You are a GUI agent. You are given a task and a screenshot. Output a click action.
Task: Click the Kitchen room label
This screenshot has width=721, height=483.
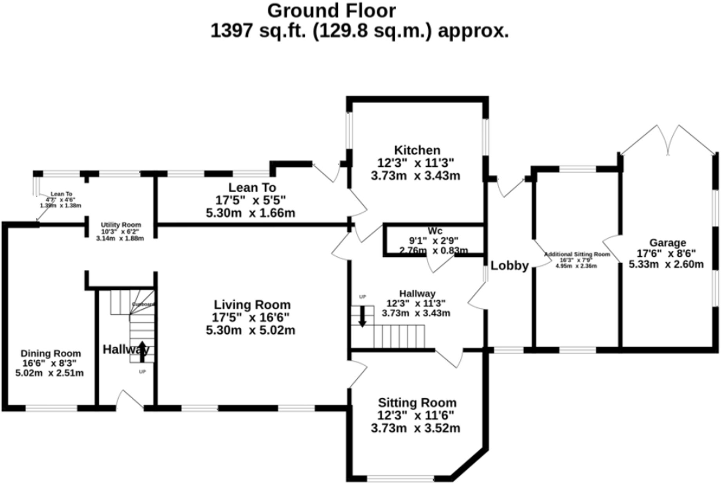(417, 150)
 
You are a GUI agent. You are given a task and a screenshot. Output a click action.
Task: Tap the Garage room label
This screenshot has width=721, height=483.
(667, 243)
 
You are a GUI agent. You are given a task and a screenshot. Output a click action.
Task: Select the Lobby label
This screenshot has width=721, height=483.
(509, 266)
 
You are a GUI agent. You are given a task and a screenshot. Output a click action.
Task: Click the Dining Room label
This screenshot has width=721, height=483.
(51, 354)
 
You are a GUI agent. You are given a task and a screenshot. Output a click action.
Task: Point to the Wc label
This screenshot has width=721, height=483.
(435, 231)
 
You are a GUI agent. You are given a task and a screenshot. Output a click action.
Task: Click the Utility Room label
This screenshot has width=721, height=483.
(121, 225)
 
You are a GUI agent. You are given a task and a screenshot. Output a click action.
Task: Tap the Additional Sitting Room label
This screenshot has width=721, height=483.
(577, 254)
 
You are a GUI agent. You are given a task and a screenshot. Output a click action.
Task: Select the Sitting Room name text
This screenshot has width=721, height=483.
(417, 403)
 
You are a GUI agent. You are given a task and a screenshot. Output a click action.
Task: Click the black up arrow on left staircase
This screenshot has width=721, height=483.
(142, 351)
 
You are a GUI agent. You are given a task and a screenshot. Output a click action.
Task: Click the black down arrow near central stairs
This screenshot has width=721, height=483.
(362, 316)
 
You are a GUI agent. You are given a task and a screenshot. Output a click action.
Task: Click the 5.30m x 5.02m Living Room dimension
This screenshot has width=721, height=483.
(251, 330)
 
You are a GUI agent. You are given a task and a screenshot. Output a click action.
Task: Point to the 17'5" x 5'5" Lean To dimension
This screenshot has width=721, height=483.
(251, 200)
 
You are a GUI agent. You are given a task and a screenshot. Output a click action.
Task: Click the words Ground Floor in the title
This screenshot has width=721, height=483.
(331, 11)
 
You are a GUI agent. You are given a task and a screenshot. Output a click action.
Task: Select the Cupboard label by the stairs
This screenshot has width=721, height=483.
(143, 304)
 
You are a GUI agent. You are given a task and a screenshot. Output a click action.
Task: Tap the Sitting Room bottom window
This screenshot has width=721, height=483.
(400, 478)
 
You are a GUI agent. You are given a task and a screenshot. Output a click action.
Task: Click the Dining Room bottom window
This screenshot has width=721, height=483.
(51, 408)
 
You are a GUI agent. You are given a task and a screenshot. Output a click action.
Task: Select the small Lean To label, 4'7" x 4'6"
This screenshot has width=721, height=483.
(61, 194)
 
